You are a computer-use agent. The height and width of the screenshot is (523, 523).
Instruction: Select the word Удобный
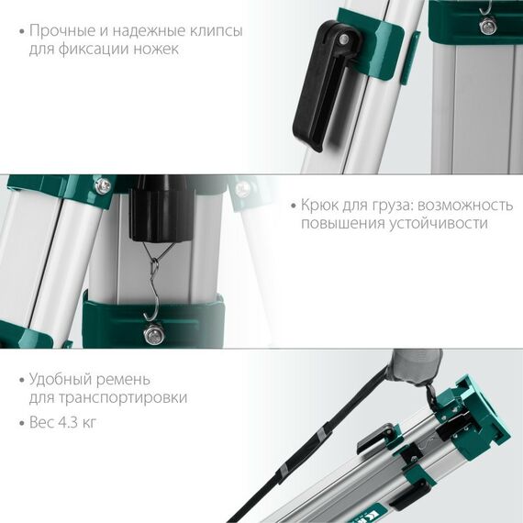click(x=63, y=378)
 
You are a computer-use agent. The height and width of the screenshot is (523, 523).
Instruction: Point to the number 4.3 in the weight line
click(x=70, y=422)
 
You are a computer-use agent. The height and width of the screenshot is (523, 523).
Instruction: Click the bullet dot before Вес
click(x=19, y=422)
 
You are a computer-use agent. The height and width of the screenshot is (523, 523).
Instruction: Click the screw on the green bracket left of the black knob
click(x=104, y=186)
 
